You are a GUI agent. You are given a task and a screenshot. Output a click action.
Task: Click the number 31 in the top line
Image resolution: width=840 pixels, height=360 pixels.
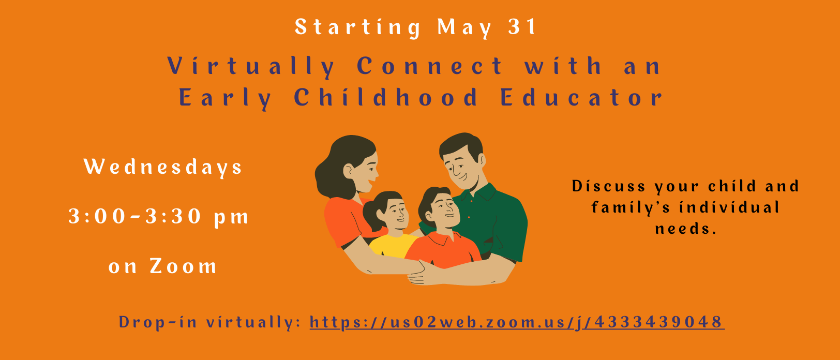click(x=522, y=26)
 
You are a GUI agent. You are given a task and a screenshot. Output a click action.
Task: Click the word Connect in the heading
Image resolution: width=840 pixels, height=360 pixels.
click(x=430, y=66)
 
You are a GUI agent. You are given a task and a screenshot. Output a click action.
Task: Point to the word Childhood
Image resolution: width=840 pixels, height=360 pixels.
click(x=386, y=97)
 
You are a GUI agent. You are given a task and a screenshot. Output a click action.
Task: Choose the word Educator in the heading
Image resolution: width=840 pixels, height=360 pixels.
click(x=581, y=97)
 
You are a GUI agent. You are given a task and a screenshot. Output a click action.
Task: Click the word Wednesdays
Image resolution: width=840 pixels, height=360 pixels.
click(x=163, y=167)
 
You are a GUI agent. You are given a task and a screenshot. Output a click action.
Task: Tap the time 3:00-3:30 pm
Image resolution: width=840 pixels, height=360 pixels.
click(x=158, y=217)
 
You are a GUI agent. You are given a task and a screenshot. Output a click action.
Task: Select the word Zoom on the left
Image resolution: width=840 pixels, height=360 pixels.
click(x=184, y=266)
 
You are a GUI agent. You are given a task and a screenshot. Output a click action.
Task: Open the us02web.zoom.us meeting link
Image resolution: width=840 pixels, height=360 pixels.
click(x=517, y=323)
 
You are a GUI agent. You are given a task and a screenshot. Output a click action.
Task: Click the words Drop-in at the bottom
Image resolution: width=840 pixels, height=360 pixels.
click(x=158, y=323)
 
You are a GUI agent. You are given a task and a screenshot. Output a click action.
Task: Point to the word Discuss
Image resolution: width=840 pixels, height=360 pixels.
click(x=609, y=186)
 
